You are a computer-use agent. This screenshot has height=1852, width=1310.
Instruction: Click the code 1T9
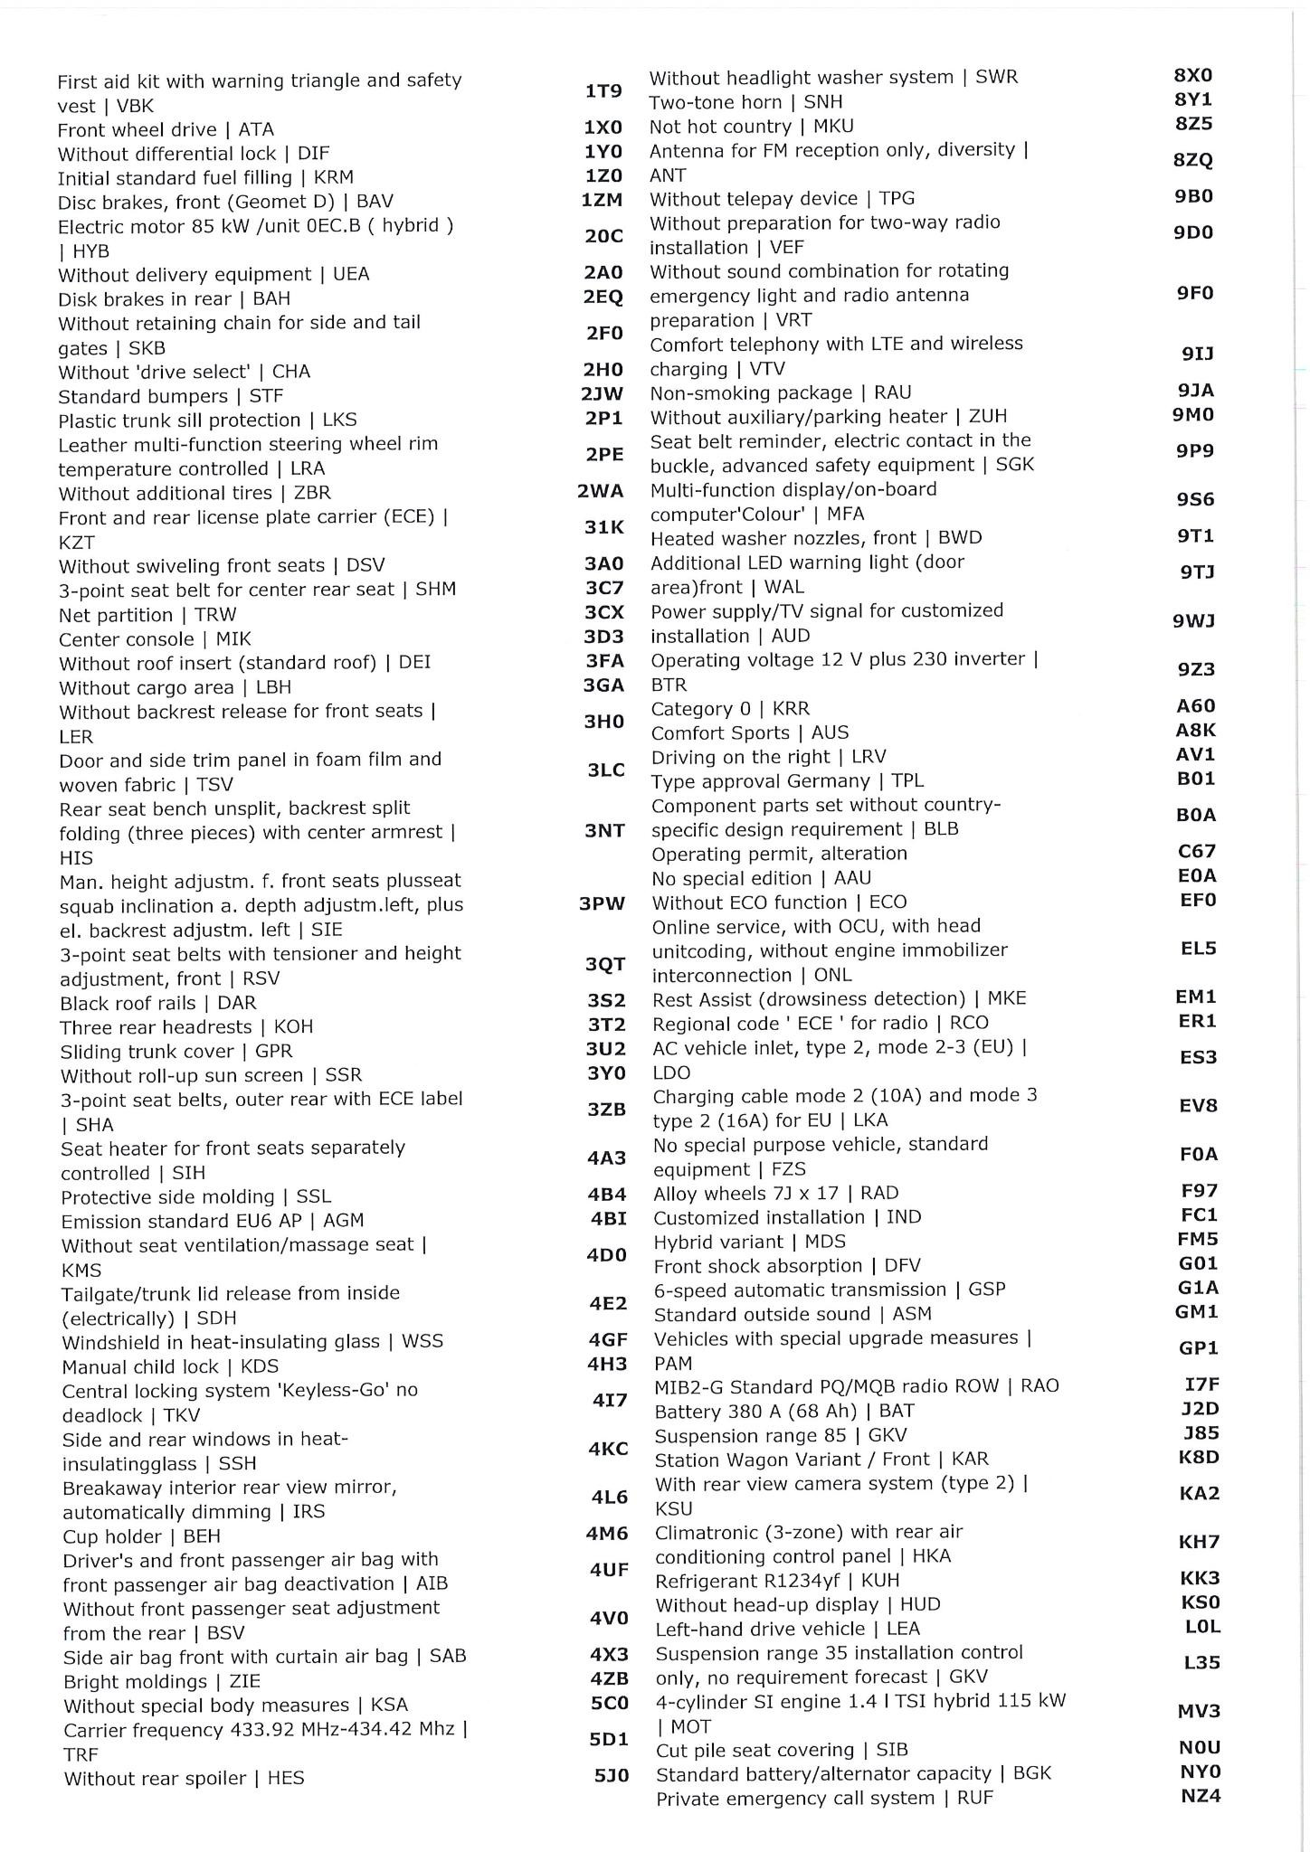click(x=603, y=91)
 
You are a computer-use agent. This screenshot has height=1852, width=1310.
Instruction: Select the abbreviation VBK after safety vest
click(x=135, y=106)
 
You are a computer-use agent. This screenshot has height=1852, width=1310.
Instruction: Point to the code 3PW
click(x=602, y=903)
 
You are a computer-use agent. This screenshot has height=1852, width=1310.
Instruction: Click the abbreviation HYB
click(x=90, y=250)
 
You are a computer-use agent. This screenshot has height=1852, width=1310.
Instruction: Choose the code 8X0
click(x=1193, y=76)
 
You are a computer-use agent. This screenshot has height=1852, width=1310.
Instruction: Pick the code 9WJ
click(x=1193, y=621)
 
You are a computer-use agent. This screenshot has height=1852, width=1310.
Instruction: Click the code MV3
click(x=1199, y=1711)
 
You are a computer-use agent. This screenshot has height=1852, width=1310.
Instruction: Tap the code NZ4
click(x=1201, y=1796)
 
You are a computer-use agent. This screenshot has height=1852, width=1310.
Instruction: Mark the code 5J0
click(x=612, y=1776)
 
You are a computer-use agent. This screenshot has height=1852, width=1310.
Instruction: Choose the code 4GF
click(x=608, y=1339)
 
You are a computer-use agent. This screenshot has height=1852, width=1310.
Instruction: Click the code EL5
click(x=1198, y=949)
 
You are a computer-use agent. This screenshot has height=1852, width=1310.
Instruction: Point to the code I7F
click(x=1201, y=1384)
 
